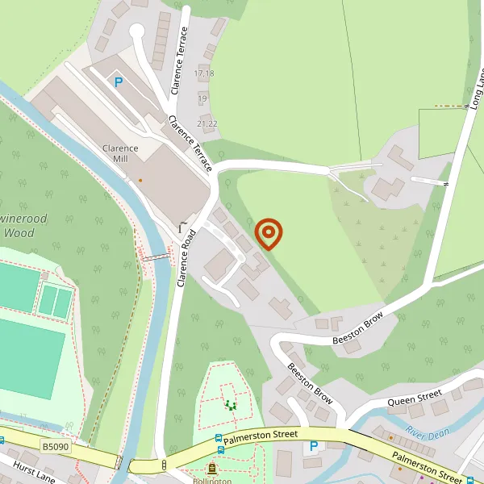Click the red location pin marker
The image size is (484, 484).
coord(269,234)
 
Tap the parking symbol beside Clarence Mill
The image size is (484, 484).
coord(119,81)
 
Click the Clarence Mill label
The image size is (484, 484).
coord(120,153)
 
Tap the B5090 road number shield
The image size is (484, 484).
coord(55,446)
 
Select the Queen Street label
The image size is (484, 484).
coord(415,397)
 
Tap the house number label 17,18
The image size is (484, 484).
coord(204,73)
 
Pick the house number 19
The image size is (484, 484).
coord(202,98)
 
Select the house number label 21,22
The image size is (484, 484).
coord(207,123)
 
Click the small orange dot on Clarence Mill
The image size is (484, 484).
coord(140,180)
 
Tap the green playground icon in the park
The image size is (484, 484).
coord(232,405)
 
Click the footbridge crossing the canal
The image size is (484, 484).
coord(156,257)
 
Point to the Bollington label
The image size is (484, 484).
coord(211,481)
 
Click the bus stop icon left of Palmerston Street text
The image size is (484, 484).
coord(219,439)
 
